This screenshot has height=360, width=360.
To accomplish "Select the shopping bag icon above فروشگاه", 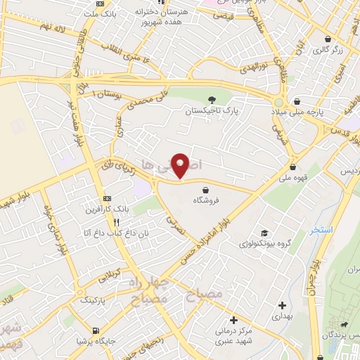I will (x=205, y=189).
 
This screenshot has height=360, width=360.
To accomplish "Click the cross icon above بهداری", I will (x=282, y=305).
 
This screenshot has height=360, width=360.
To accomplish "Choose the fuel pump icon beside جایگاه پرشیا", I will (x=96, y=329).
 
